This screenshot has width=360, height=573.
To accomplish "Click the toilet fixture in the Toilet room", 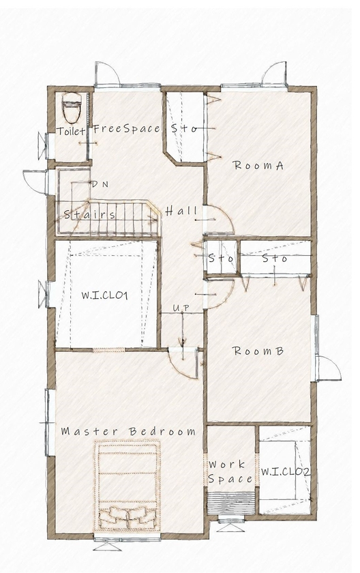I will coord(72,108).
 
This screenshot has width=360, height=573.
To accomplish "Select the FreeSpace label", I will coord(126,128).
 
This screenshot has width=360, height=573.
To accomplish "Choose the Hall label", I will coord(181,211).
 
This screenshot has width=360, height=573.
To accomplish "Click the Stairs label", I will coord(89,214).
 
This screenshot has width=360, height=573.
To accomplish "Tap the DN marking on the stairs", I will coord(99,184).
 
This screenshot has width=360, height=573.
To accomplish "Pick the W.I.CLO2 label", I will coord(286,471).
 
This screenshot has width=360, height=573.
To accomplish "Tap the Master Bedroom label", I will coord(128,431).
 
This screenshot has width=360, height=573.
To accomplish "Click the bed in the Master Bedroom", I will coord(128,484).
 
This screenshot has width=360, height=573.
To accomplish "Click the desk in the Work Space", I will coord(230,503).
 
